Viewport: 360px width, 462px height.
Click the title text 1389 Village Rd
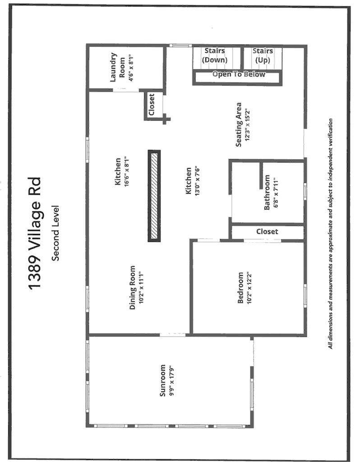pyautogui.click(x=34, y=234)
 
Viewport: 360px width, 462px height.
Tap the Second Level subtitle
pyautogui.click(x=55, y=233)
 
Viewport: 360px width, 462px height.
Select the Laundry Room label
pyautogui.click(x=117, y=67)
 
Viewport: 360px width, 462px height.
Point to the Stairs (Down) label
pyautogui.click(x=215, y=55)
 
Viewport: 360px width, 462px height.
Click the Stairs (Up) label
pyautogui.click(x=263, y=55)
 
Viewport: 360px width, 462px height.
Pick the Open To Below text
pyautogui.click(x=239, y=74)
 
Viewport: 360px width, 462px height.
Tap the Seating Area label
pyautogui.click(x=239, y=125)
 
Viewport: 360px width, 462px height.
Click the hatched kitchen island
pyautogui.click(x=154, y=196)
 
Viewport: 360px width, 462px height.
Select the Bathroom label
pyautogui.click(x=267, y=192)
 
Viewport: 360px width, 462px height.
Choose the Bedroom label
pyautogui.click(x=240, y=287)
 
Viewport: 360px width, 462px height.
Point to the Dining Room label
pyautogui.click(x=133, y=287)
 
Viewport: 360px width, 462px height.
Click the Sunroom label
pyautogui.click(x=162, y=380)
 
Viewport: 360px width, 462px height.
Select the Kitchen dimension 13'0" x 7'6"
pyautogui.click(x=198, y=181)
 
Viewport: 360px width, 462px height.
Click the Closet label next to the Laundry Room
pyautogui.click(x=152, y=105)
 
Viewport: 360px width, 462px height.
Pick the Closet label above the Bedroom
pyautogui.click(x=267, y=231)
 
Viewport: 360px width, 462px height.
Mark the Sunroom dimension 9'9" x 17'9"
pyautogui.click(x=171, y=381)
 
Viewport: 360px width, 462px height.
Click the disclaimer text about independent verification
pyautogui.click(x=331, y=234)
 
